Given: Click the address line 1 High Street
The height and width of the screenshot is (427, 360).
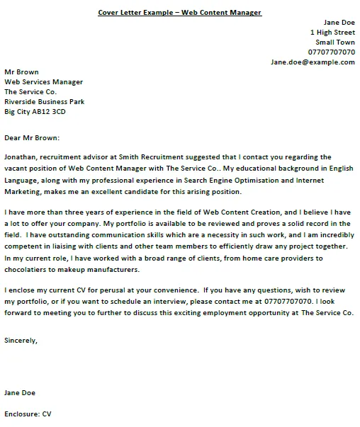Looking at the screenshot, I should point(332,33).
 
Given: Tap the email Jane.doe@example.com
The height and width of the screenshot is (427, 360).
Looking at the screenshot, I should point(313,62).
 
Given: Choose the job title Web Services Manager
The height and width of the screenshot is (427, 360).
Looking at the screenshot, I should point(43,82).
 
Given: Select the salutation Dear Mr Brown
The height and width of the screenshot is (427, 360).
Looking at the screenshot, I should point(32,138).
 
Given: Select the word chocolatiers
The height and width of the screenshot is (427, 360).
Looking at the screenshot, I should point(28,270).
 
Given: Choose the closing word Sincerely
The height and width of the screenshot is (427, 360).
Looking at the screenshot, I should point(21,340).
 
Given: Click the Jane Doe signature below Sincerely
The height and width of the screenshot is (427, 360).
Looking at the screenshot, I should point(20,392).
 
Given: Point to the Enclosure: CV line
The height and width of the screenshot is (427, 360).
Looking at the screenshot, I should point(28,414).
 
